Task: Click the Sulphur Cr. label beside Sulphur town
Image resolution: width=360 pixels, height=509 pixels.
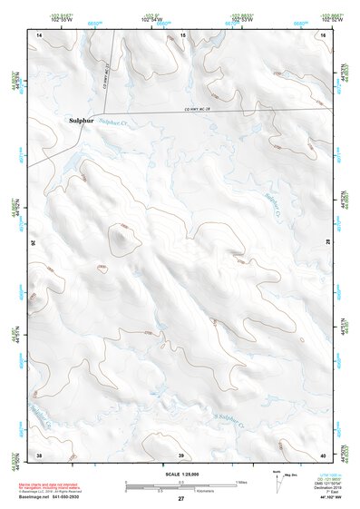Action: [x=114, y=122]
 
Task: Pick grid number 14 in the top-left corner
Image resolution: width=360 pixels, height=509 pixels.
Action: [x=39, y=34]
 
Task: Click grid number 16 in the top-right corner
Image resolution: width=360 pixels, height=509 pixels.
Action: [x=323, y=34]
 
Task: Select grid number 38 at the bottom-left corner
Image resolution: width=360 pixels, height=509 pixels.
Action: [x=39, y=454]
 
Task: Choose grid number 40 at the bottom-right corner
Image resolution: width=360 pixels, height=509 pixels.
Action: [x=322, y=454]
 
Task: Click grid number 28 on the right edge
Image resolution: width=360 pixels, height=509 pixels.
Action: [x=326, y=243]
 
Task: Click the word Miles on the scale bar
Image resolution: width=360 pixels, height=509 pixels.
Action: [x=240, y=481]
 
